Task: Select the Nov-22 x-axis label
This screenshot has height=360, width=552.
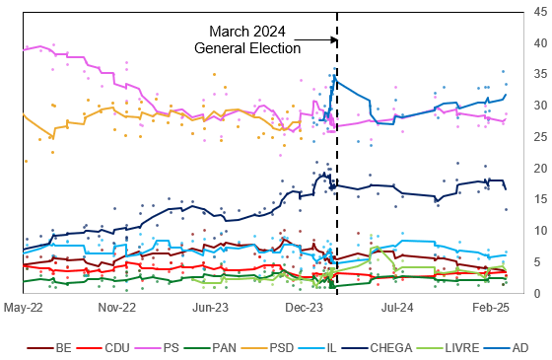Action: pyautogui.click(x=117, y=308)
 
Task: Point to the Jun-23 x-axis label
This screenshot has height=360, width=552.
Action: pyautogui.click(x=211, y=308)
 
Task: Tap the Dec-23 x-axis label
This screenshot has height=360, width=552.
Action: pyautogui.click(x=305, y=308)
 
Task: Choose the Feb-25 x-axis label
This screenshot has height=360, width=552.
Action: pyautogui.click(x=491, y=308)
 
